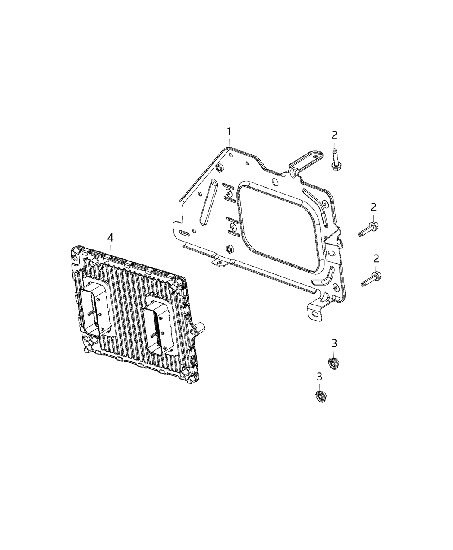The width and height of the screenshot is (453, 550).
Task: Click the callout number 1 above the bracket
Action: (x=229, y=131)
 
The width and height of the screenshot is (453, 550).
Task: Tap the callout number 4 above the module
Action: (x=110, y=237)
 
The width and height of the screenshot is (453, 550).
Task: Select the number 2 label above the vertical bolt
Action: (x=334, y=135)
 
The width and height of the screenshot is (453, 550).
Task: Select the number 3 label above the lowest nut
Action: (x=319, y=377)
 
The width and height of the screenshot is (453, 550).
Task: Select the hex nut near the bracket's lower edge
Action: (x=229, y=249)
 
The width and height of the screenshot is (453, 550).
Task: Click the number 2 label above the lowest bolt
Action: (x=376, y=258)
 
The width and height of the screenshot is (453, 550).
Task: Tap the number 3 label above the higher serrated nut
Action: (x=334, y=343)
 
